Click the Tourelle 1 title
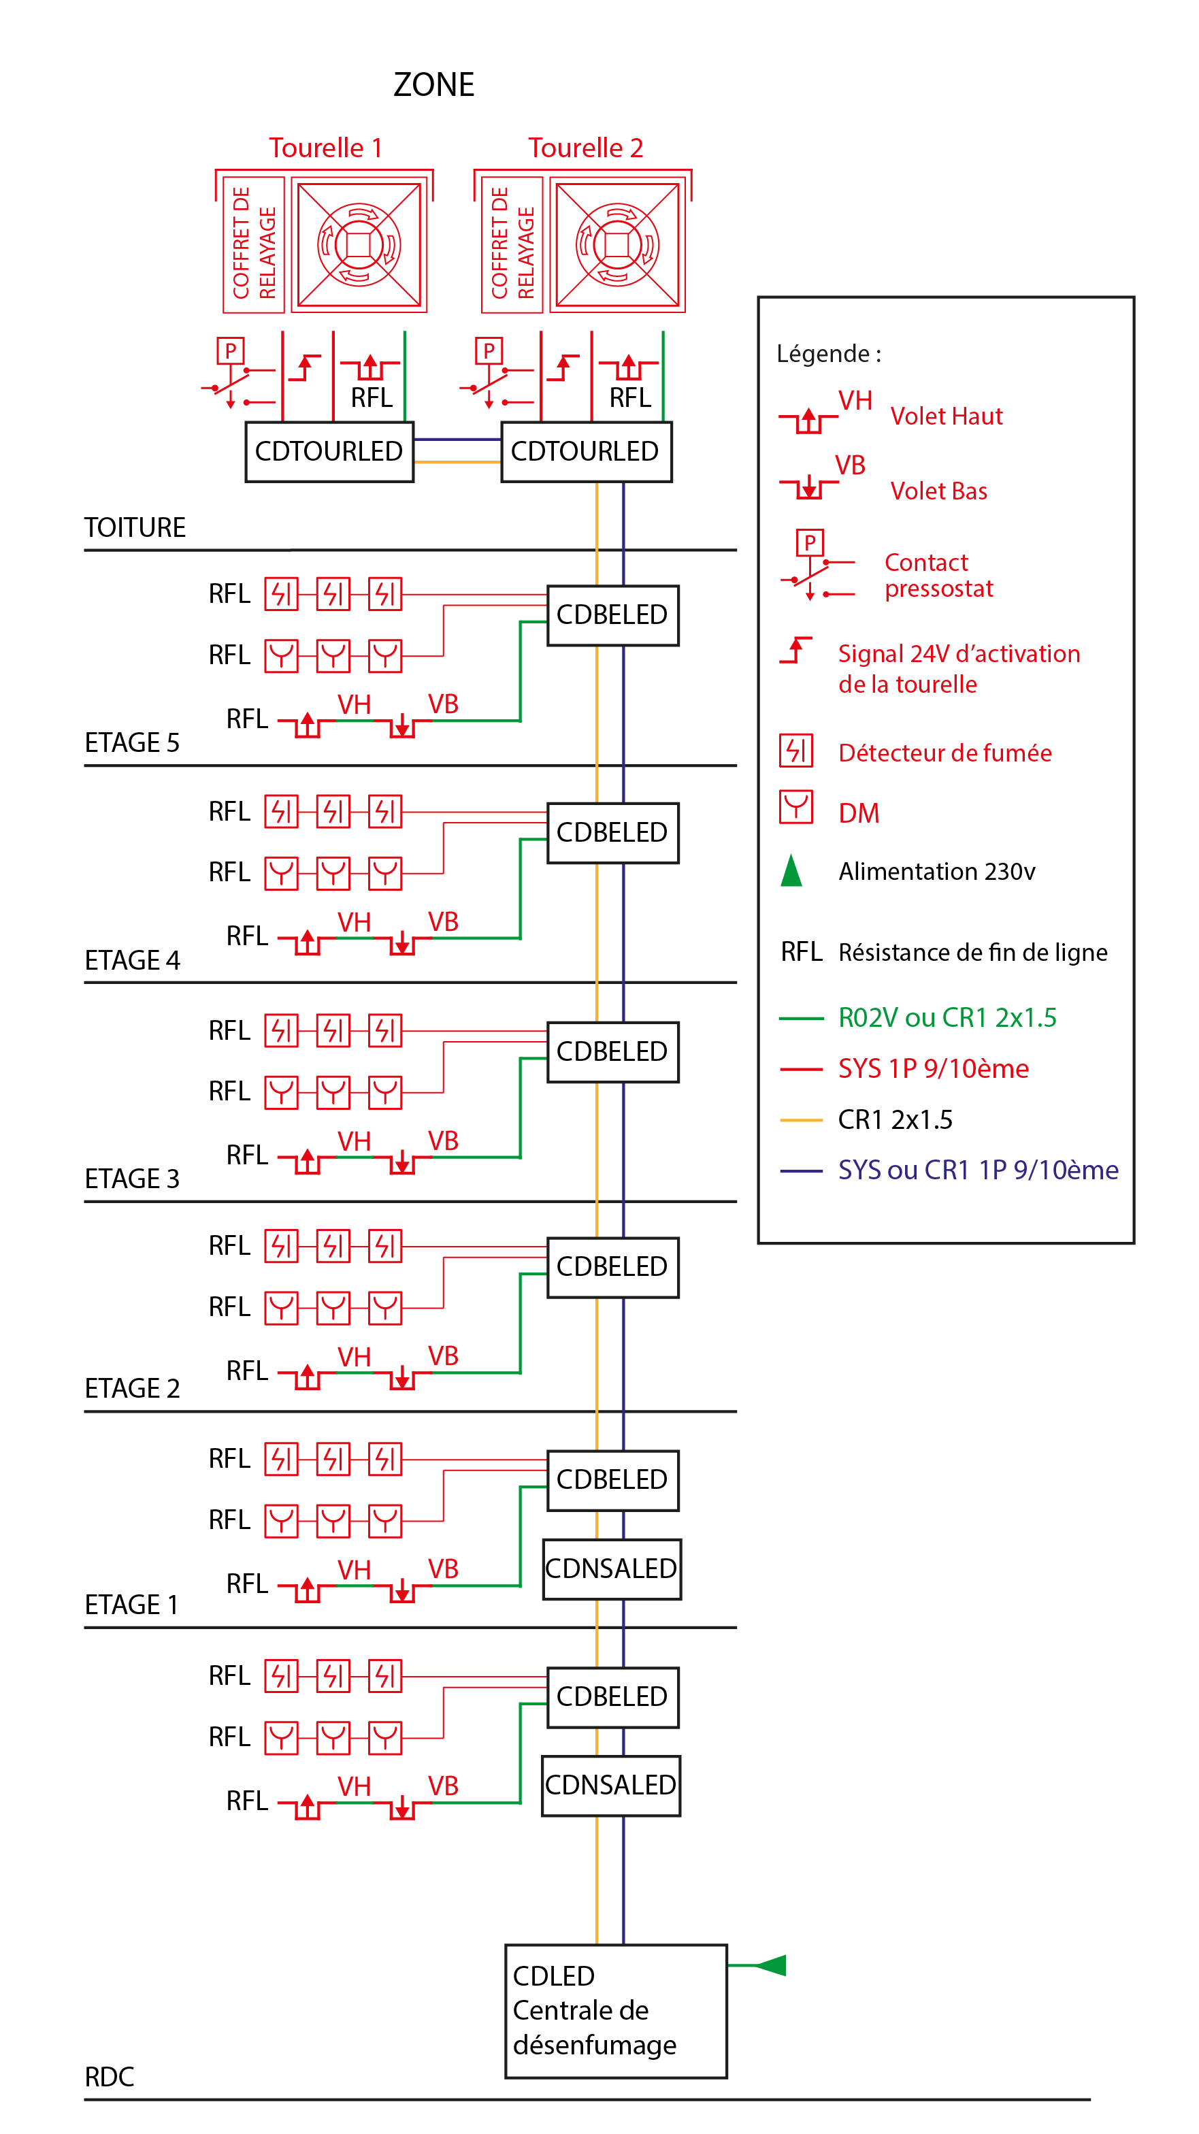325,148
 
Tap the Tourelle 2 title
585,148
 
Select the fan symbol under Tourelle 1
359,244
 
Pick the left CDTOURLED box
329,451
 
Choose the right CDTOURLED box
586,451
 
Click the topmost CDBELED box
612,614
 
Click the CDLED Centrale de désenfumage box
616,2011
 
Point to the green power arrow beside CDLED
770,1965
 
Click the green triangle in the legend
791,870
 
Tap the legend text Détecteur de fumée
945,753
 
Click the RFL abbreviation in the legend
802,952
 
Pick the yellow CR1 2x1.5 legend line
800,1120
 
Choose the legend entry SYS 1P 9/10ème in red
933,1068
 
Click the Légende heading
829,354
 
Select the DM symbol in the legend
796,808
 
